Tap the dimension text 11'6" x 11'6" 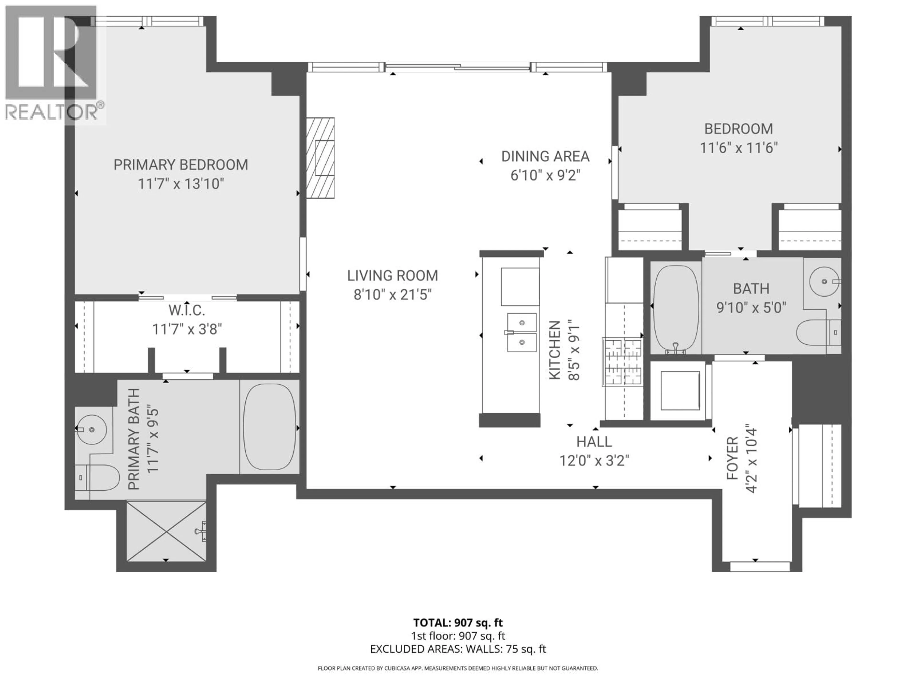coord(739,148)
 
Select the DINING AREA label coord(545,156)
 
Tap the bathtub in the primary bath coord(270,427)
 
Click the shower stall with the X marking coord(166,531)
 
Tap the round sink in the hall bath coord(824,281)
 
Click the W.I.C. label coord(187,310)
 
